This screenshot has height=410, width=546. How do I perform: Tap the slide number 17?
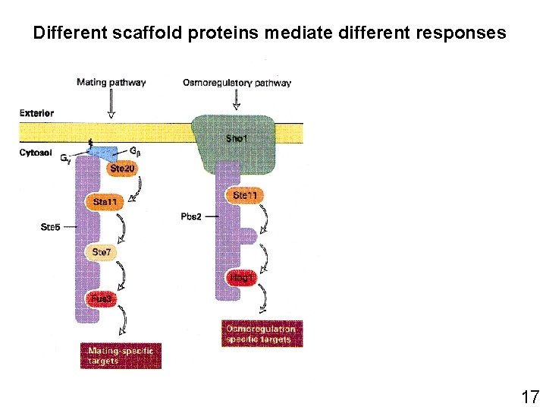(x=529, y=396)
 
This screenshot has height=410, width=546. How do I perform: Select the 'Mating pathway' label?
(x=111, y=82)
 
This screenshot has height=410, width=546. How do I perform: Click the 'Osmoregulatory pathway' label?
(x=237, y=83)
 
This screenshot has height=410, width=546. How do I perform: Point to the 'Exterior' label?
(x=36, y=113)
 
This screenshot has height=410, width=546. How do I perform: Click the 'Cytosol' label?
(x=35, y=152)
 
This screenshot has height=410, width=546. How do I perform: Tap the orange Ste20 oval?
(x=122, y=169)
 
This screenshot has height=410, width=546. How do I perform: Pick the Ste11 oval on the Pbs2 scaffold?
(x=244, y=195)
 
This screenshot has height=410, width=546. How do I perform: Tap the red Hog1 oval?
(x=243, y=279)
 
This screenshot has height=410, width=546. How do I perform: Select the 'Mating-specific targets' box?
(x=121, y=355)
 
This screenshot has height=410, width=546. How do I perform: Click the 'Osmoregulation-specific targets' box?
(x=262, y=334)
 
